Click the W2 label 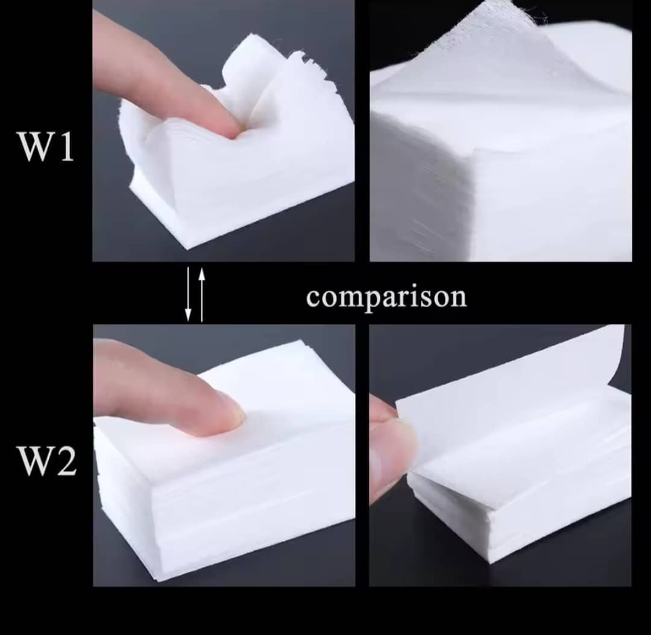pos(47,461)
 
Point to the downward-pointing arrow pos(188,294)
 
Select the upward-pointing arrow pos(202,294)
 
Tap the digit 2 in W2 pos(66,461)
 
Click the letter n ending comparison pos(458,298)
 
